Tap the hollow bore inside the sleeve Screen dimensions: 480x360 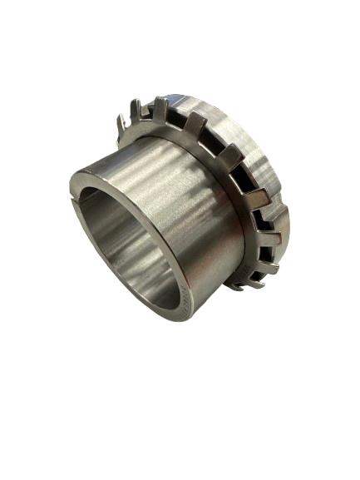pyautogui.click(x=125, y=250)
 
